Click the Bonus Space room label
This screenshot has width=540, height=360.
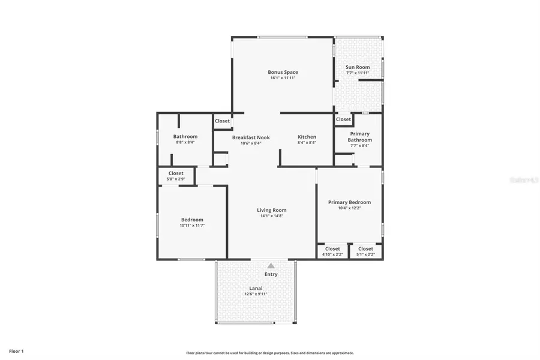coord(283,72)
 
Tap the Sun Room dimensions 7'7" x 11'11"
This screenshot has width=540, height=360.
coord(358,73)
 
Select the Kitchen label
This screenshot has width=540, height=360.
coord(307,137)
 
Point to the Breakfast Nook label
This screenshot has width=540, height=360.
coord(251,137)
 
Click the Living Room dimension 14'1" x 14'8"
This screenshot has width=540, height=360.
coord(272,215)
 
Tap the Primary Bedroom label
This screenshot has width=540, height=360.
coord(349,202)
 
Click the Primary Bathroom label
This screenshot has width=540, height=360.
coord(359,137)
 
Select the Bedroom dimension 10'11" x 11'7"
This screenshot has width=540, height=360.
coord(192,225)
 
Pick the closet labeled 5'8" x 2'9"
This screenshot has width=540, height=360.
coord(176,179)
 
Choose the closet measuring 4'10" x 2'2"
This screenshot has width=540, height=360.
coord(332,254)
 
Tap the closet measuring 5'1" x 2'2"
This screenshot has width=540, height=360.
coord(365,254)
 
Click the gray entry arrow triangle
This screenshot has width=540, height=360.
coord(271,265)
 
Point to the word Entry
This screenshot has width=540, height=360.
coord(271,274)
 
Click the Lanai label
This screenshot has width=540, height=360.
coord(256,288)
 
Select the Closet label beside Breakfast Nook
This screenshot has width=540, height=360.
coord(222,121)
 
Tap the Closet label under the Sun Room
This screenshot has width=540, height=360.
coord(343,119)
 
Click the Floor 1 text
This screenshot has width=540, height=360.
coord(16,350)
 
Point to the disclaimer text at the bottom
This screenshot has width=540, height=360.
coord(270,353)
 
